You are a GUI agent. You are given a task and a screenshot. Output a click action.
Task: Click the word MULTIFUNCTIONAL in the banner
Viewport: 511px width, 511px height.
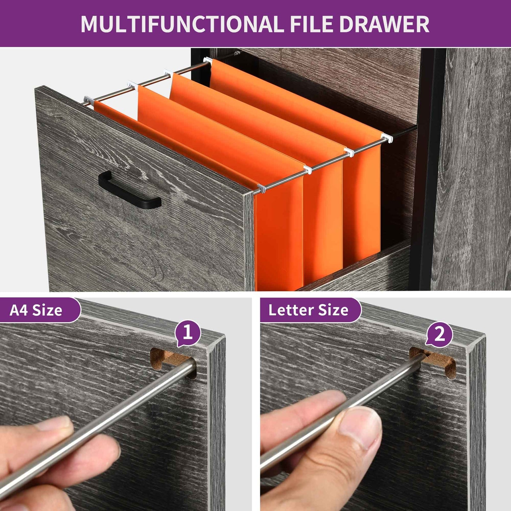pyautogui.click(x=180, y=24)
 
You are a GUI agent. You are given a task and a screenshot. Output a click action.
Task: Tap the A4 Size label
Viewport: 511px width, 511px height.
pyautogui.click(x=36, y=310)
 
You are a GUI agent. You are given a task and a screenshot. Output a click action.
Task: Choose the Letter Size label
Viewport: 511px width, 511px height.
pyautogui.click(x=309, y=310)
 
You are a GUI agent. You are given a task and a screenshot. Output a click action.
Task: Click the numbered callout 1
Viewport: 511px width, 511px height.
pyautogui.click(x=188, y=333)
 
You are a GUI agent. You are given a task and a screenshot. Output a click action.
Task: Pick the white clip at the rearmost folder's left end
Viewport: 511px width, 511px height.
pyautogui.click(x=208, y=60)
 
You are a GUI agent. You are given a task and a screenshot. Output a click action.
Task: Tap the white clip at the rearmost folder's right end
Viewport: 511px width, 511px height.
pyautogui.click(x=387, y=138)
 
